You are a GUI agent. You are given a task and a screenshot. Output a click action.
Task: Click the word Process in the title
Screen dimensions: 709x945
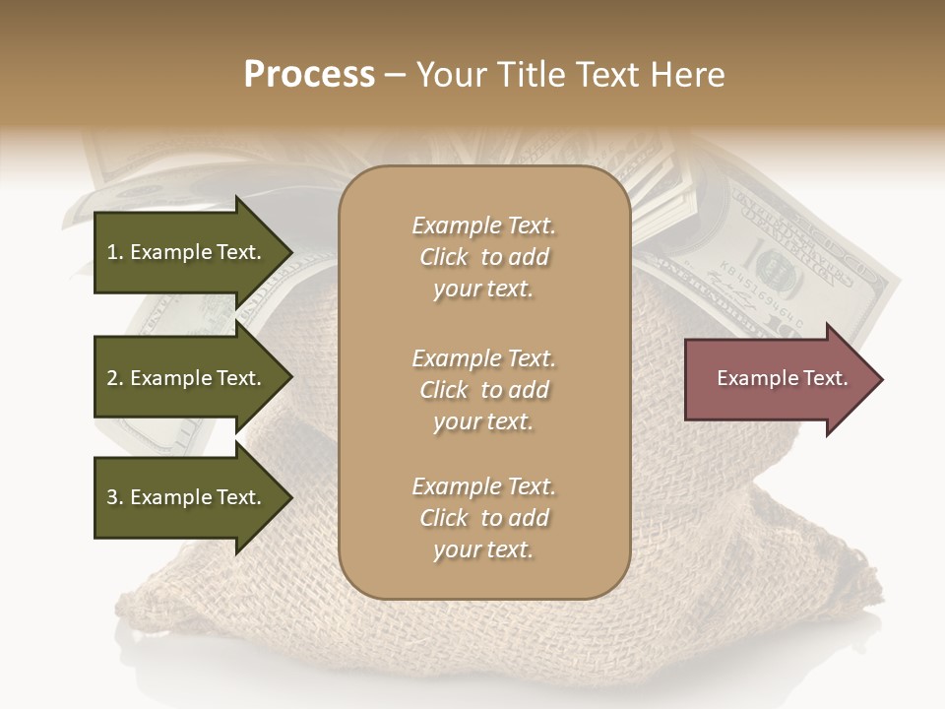[309, 75]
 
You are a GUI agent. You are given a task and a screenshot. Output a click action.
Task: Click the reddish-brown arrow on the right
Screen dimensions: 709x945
[778, 379]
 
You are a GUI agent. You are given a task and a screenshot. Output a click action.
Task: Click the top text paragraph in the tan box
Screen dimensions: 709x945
[483, 257]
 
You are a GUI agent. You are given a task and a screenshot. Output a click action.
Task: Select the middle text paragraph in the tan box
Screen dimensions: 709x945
[483, 389]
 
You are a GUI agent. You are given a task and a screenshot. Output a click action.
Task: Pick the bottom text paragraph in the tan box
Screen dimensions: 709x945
[483, 518]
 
